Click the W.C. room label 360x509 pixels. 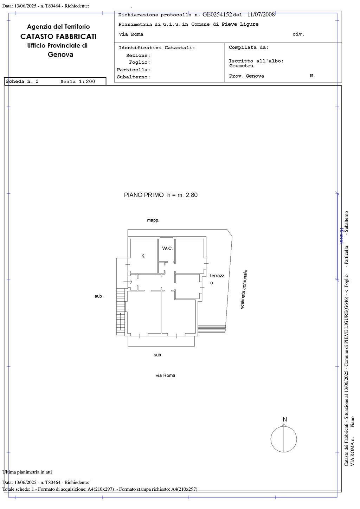(x=167, y=249)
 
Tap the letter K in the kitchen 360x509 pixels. (x=143, y=256)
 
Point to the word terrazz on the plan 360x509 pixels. (x=217, y=276)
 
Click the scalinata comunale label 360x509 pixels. (x=244, y=289)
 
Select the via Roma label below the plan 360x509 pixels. (x=165, y=375)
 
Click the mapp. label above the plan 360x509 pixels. (x=153, y=220)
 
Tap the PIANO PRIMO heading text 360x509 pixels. (x=144, y=195)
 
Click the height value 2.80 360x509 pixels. (x=192, y=195)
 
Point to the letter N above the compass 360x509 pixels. (x=284, y=419)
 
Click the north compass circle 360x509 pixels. (x=271, y=439)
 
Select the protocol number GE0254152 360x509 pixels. (x=217, y=14)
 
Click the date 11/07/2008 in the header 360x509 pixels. (x=261, y=14)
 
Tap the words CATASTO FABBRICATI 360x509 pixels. (x=58, y=36)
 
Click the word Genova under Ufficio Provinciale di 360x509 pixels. (x=60, y=54)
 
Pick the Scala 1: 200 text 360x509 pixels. (x=78, y=81)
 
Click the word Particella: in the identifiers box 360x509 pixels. (x=133, y=70)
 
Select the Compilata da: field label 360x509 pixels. (x=249, y=47)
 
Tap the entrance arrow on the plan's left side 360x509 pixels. (x=128, y=282)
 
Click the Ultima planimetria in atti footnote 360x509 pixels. (x=27, y=472)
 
